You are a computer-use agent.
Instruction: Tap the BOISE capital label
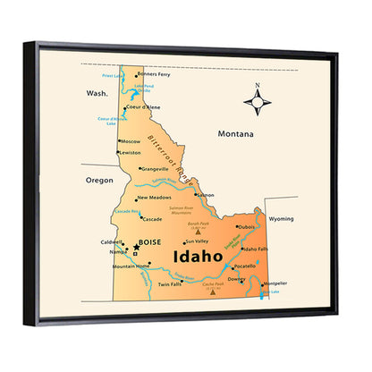(149, 241)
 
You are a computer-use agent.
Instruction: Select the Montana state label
(236, 134)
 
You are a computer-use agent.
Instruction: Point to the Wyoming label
(281, 218)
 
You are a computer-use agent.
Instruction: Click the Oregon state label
(99, 179)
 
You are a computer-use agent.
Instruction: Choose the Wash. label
(97, 93)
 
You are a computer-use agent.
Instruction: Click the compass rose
(258, 104)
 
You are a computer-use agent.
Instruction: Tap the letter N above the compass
(258, 87)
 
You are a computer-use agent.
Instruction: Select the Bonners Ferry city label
(153, 74)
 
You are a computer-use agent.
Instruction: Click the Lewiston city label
(131, 153)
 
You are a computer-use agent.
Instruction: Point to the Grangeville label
(154, 168)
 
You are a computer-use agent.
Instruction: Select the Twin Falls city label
(170, 284)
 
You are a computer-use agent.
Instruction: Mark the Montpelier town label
(275, 283)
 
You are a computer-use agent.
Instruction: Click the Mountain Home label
(131, 266)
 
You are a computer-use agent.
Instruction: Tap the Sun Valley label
(197, 241)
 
